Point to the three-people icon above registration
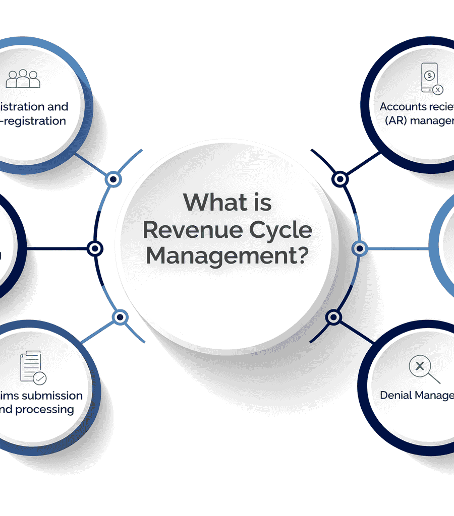coord(23,79)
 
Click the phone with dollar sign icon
coord(430,78)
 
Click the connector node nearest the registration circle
coord(113,179)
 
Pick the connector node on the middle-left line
coord(95,248)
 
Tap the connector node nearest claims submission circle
coord(120,317)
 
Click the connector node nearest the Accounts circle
coord(340,178)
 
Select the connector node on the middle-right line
coord(359,248)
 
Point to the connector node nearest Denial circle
coord(333,317)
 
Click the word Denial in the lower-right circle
coord(395,396)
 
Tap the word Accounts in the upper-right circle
coord(402,107)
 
